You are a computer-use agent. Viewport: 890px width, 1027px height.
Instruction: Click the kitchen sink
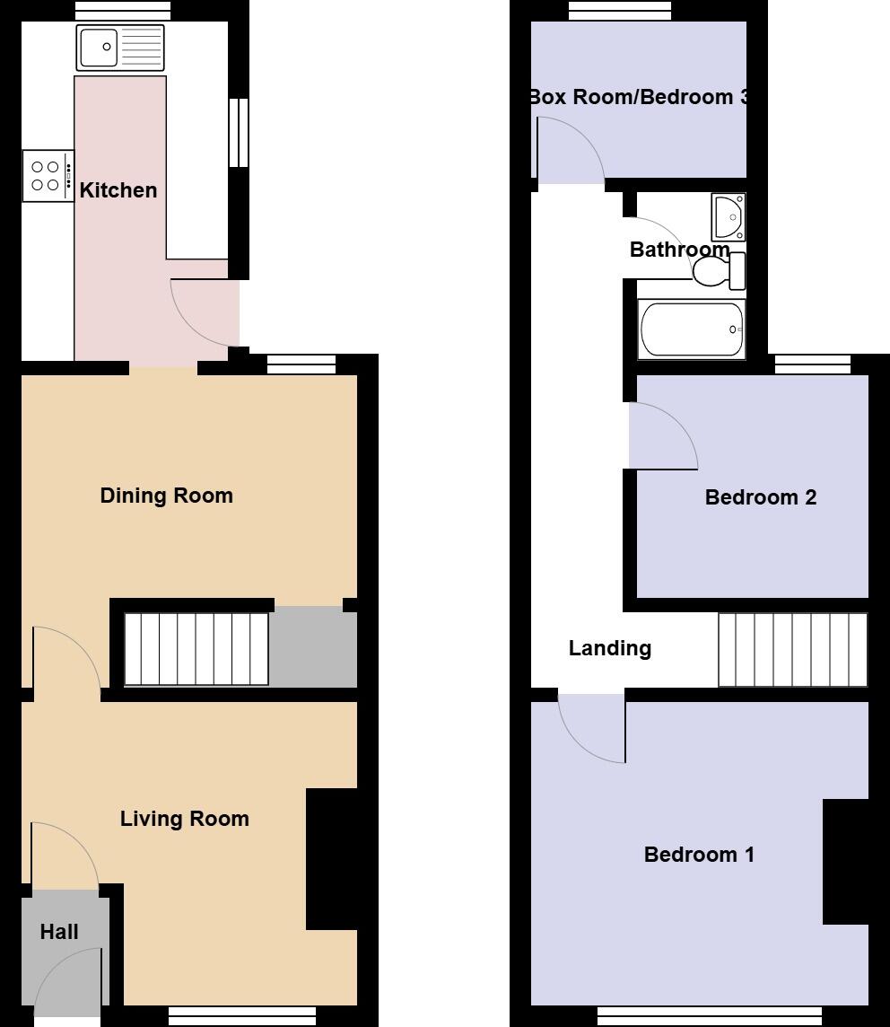click(121, 48)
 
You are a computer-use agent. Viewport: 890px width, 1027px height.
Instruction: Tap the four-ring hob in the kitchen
click(48, 176)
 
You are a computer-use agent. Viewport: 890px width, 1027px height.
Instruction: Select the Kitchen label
click(118, 190)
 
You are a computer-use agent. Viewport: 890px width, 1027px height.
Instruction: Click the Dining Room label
click(166, 496)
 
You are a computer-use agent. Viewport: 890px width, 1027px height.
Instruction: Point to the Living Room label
click(184, 819)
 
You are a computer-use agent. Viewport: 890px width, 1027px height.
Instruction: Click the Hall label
click(59, 932)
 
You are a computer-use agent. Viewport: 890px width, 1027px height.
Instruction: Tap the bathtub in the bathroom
click(691, 329)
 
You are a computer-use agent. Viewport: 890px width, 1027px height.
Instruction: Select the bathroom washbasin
click(729, 216)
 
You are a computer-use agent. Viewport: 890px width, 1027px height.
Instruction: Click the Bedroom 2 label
click(761, 497)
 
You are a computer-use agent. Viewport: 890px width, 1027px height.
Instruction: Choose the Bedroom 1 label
click(699, 855)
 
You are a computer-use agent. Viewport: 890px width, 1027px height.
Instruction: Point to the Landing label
click(610, 648)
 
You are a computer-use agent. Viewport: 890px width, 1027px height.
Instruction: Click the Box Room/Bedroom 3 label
click(638, 97)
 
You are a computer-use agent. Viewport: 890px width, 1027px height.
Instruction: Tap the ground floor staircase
click(196, 648)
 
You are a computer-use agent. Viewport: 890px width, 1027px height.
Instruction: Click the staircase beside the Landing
click(792, 649)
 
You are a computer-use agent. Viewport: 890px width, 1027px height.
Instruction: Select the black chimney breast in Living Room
click(332, 858)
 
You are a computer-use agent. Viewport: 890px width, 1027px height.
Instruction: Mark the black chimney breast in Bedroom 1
click(845, 862)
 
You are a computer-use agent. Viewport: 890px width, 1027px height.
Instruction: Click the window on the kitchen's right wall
click(238, 133)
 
